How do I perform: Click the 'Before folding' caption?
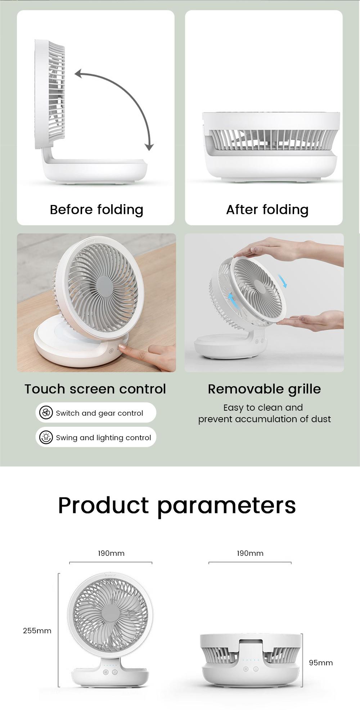[x=96, y=209]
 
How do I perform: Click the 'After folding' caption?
[x=267, y=209]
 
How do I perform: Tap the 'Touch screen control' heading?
[x=95, y=389]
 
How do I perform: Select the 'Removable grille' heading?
[x=264, y=389]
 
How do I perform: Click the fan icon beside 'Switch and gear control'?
[x=46, y=413]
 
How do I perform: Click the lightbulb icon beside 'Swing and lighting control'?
[x=46, y=437]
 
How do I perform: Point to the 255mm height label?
[x=37, y=631]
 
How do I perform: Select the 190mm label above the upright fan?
[x=111, y=553]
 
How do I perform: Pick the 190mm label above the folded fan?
[x=250, y=553]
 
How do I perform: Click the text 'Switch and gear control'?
[x=99, y=413]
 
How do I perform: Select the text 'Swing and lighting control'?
[x=103, y=438]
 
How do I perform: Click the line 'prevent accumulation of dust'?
[x=264, y=419]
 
